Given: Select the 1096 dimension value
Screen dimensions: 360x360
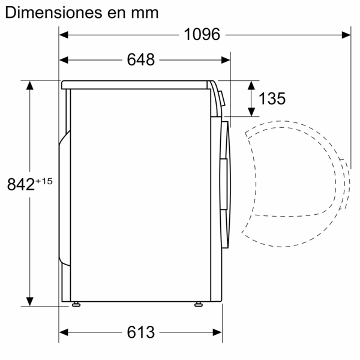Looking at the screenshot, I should pos(202,35).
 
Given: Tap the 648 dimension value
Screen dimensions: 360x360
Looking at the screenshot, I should pos(141,60).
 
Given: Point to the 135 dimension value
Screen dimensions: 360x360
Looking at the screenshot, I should pos(272,98).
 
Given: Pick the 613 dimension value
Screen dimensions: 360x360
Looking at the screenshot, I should pos(141,332).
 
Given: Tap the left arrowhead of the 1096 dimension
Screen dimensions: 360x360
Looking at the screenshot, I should pos(64,35).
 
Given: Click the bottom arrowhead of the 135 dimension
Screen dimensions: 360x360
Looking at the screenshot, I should pos(251,111).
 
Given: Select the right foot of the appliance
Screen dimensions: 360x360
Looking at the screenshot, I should pos(197,305).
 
